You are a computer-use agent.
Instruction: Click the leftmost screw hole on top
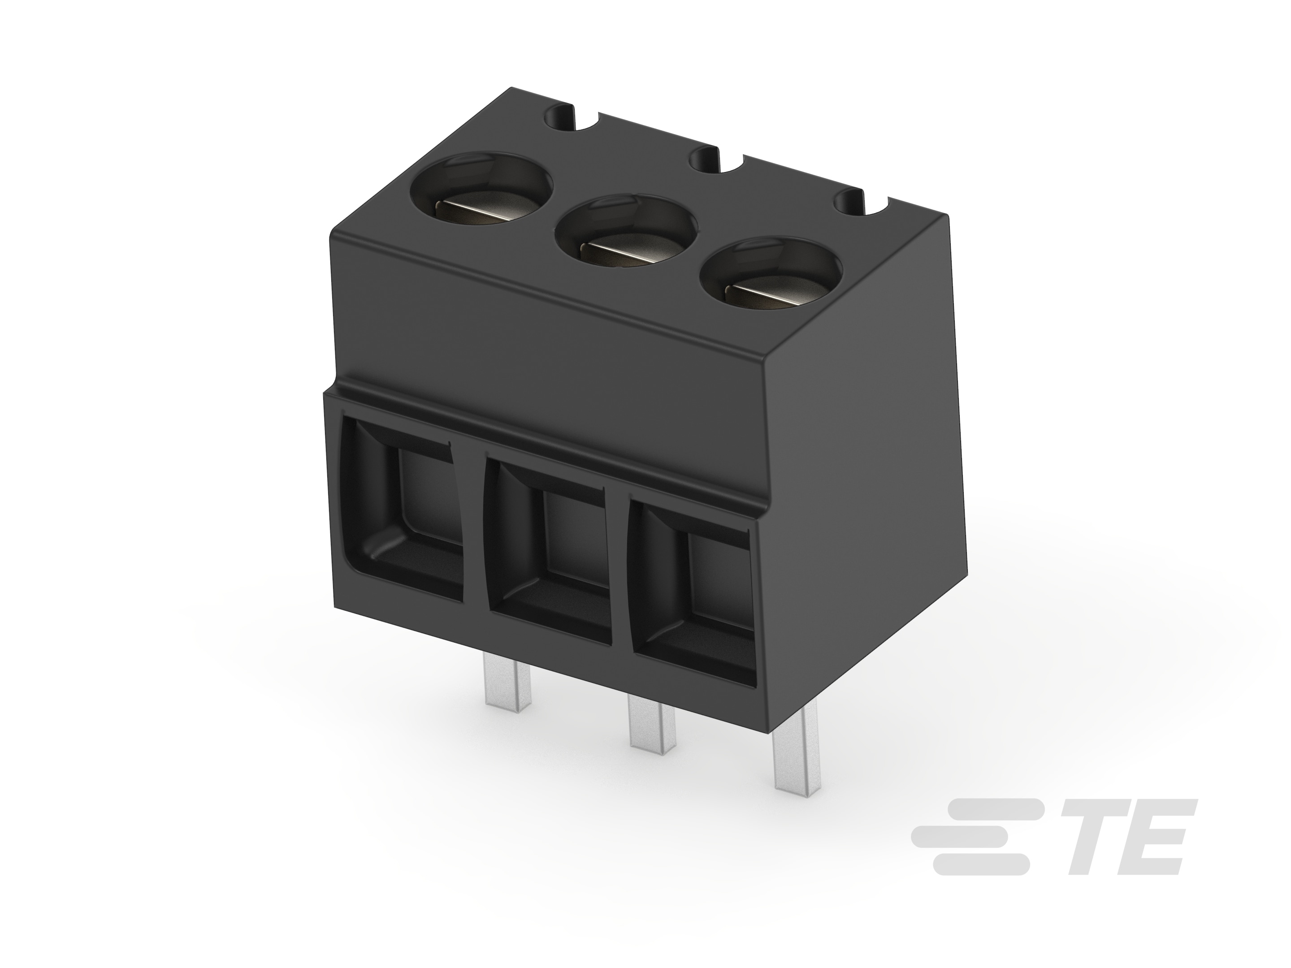[481, 191]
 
